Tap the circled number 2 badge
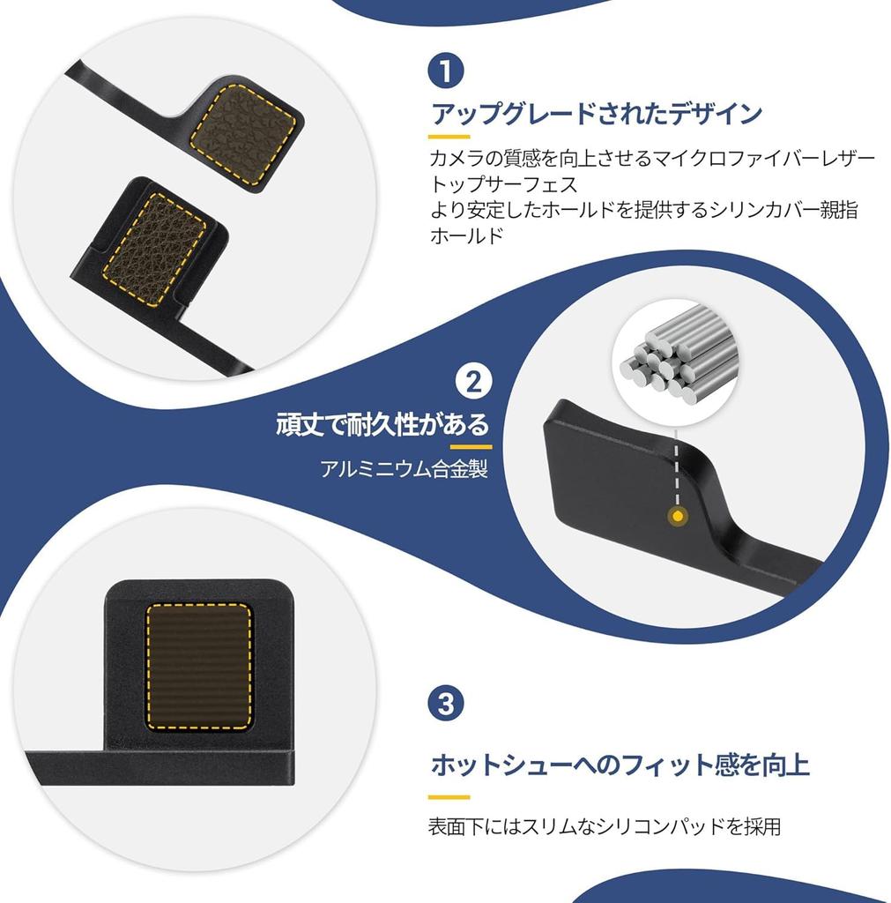tap(472, 382)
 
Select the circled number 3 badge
tap(446, 704)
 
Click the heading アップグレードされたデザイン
tap(596, 115)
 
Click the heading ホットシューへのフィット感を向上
tap(619, 764)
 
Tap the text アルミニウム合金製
tap(403, 468)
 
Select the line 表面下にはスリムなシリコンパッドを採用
tap(604, 826)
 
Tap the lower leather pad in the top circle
tap(157, 234)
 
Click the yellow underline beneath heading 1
tap(449, 138)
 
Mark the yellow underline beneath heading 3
tap(449, 795)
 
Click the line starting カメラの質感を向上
tap(651, 160)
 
